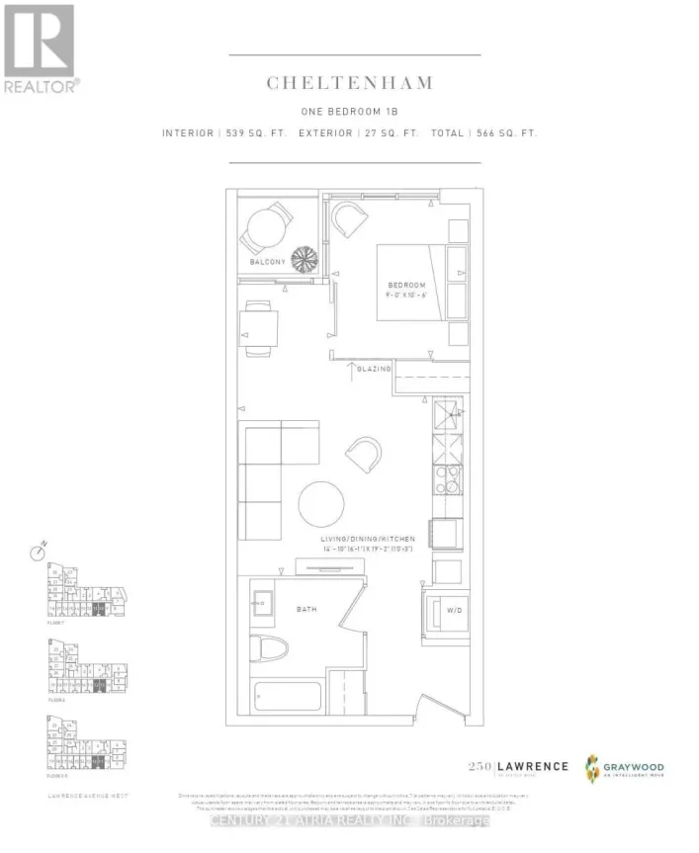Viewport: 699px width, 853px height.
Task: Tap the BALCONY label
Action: coord(267,262)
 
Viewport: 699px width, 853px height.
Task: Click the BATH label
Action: coord(306,610)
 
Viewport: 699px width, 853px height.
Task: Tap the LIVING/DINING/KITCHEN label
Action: coord(367,539)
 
